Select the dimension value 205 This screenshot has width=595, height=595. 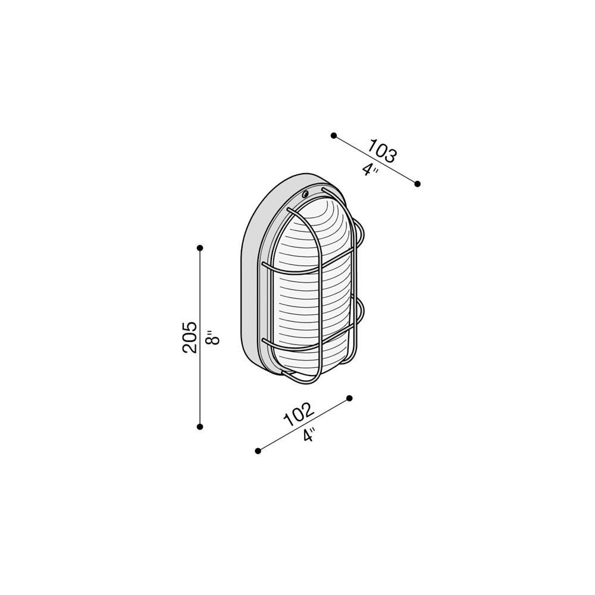[190, 338]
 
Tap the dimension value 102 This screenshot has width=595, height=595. [299, 414]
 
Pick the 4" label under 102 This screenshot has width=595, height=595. [309, 434]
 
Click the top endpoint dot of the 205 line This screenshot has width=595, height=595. [200, 248]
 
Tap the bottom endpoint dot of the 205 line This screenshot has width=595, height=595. [200, 427]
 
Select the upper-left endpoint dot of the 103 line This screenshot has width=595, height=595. [334, 136]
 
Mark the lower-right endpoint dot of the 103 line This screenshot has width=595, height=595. [418, 184]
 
